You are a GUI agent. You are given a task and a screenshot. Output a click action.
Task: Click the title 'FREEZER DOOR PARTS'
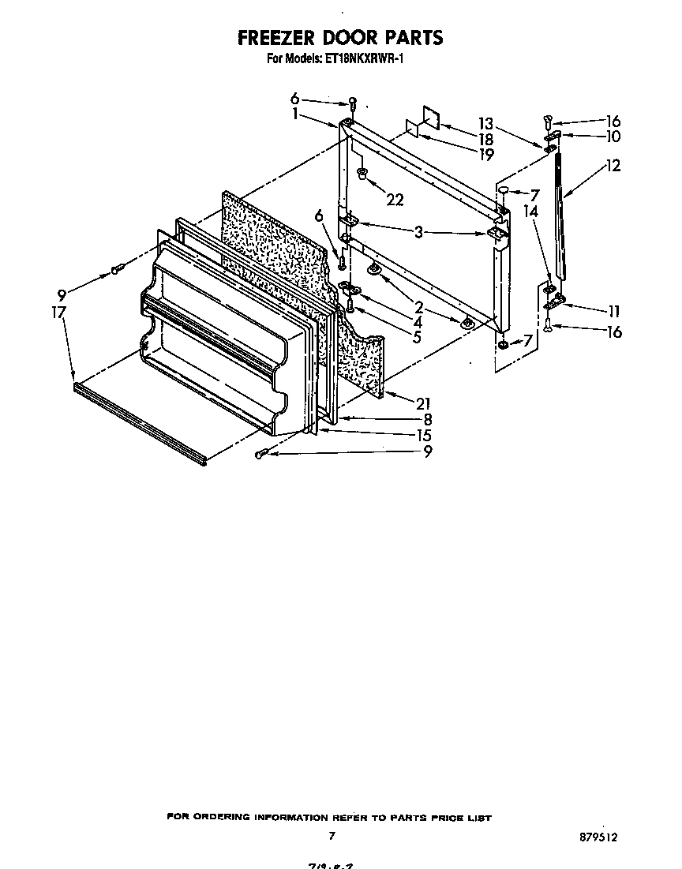click(340, 37)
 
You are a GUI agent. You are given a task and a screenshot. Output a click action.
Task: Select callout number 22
click(395, 200)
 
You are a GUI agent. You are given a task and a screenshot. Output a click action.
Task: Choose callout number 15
click(424, 435)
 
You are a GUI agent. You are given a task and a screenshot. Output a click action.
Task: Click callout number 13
click(485, 123)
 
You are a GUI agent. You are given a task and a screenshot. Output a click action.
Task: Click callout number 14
click(530, 212)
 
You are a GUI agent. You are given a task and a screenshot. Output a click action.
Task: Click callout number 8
click(427, 419)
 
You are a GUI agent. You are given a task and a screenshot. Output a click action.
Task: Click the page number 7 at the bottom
click(332, 835)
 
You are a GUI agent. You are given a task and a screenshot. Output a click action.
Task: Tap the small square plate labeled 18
click(431, 116)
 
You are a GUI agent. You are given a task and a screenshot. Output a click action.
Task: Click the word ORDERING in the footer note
click(217, 818)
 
